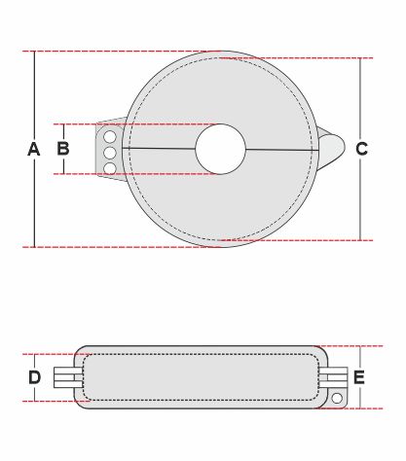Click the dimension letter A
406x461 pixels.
(x=34, y=149)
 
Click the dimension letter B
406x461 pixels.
(x=63, y=149)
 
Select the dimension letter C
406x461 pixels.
(x=362, y=149)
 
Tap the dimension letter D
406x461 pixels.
(x=35, y=377)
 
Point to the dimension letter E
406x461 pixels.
(x=359, y=377)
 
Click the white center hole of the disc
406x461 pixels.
(x=221, y=149)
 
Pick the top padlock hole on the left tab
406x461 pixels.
(x=110, y=137)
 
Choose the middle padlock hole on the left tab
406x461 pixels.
(x=110, y=153)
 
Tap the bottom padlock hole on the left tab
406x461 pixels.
(x=110, y=168)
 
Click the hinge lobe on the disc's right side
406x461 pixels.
(x=331, y=149)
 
